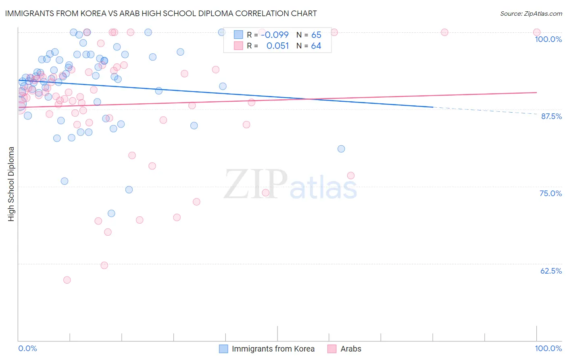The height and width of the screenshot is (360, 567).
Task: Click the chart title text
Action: click(x=161, y=13)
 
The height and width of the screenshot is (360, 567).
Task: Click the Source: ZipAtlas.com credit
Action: click(x=531, y=14)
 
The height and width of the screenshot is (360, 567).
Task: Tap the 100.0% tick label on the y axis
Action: click(x=548, y=39)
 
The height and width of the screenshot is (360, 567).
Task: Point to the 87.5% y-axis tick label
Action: click(x=551, y=116)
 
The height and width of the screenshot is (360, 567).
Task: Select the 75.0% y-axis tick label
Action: click(x=550, y=193)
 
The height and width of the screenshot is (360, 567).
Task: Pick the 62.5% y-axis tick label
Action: click(x=551, y=271)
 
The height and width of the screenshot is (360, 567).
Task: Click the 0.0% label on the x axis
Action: click(x=27, y=348)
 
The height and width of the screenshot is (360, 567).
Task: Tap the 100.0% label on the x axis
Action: click(x=548, y=348)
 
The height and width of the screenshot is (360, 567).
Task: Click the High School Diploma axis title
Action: click(x=11, y=184)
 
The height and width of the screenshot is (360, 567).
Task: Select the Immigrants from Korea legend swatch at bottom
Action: click(x=223, y=349)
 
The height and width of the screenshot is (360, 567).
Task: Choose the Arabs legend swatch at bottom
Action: click(x=332, y=349)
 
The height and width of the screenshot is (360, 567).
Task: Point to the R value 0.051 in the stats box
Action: click(x=277, y=46)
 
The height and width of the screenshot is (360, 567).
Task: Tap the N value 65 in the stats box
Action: click(x=316, y=35)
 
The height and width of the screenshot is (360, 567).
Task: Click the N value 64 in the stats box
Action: click(x=316, y=46)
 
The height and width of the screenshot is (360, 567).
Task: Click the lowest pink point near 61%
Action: click(x=67, y=280)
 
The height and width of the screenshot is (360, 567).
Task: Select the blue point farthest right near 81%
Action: click(x=341, y=149)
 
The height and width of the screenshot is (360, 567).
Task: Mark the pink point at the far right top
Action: click(x=537, y=32)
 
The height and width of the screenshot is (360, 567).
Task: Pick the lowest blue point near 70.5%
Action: click(x=111, y=213)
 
